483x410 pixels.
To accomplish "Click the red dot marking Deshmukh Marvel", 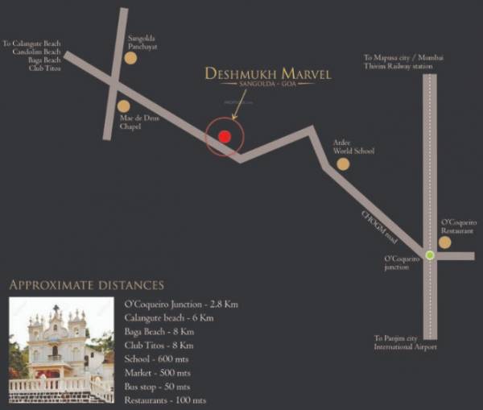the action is (225, 136).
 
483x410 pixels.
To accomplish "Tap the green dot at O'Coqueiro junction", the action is (430, 255).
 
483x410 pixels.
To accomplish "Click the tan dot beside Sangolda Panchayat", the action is (130, 57).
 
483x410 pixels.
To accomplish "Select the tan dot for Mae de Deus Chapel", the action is (123, 106).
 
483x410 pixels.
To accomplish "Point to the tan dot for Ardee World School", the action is (343, 164).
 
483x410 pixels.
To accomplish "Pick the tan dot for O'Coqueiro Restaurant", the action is (444, 242).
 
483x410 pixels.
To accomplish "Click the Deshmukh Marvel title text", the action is (268, 74).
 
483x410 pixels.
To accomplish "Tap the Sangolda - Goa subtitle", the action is (268, 85).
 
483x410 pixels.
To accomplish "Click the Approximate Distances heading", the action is (86, 285).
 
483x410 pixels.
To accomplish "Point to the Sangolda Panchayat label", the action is (144, 42).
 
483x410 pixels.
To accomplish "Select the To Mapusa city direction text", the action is (398, 62).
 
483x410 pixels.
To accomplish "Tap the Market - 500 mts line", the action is (158, 373).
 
